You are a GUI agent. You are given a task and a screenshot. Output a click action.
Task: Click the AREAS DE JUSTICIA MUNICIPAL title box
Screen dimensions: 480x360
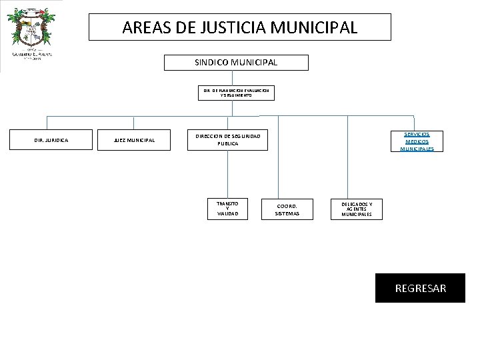[240, 27]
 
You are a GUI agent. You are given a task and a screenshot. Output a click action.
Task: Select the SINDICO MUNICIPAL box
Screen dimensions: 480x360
[236, 63]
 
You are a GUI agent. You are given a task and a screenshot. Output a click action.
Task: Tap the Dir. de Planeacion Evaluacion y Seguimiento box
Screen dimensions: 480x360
[236, 92]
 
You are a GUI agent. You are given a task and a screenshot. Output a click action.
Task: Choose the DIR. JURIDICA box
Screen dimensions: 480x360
[51, 140]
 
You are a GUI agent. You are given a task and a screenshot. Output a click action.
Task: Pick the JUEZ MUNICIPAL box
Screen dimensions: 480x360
[134, 140]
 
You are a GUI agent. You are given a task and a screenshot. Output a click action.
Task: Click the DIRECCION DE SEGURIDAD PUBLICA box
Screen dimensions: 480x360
[227, 140]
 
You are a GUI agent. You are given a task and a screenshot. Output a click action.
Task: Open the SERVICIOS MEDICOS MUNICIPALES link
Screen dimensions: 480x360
[417, 141]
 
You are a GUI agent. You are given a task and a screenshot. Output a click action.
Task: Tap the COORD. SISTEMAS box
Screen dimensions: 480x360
[287, 209]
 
